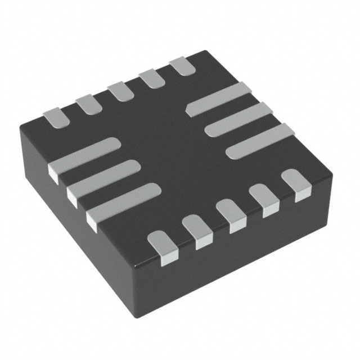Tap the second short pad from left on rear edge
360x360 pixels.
pos(87,102)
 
